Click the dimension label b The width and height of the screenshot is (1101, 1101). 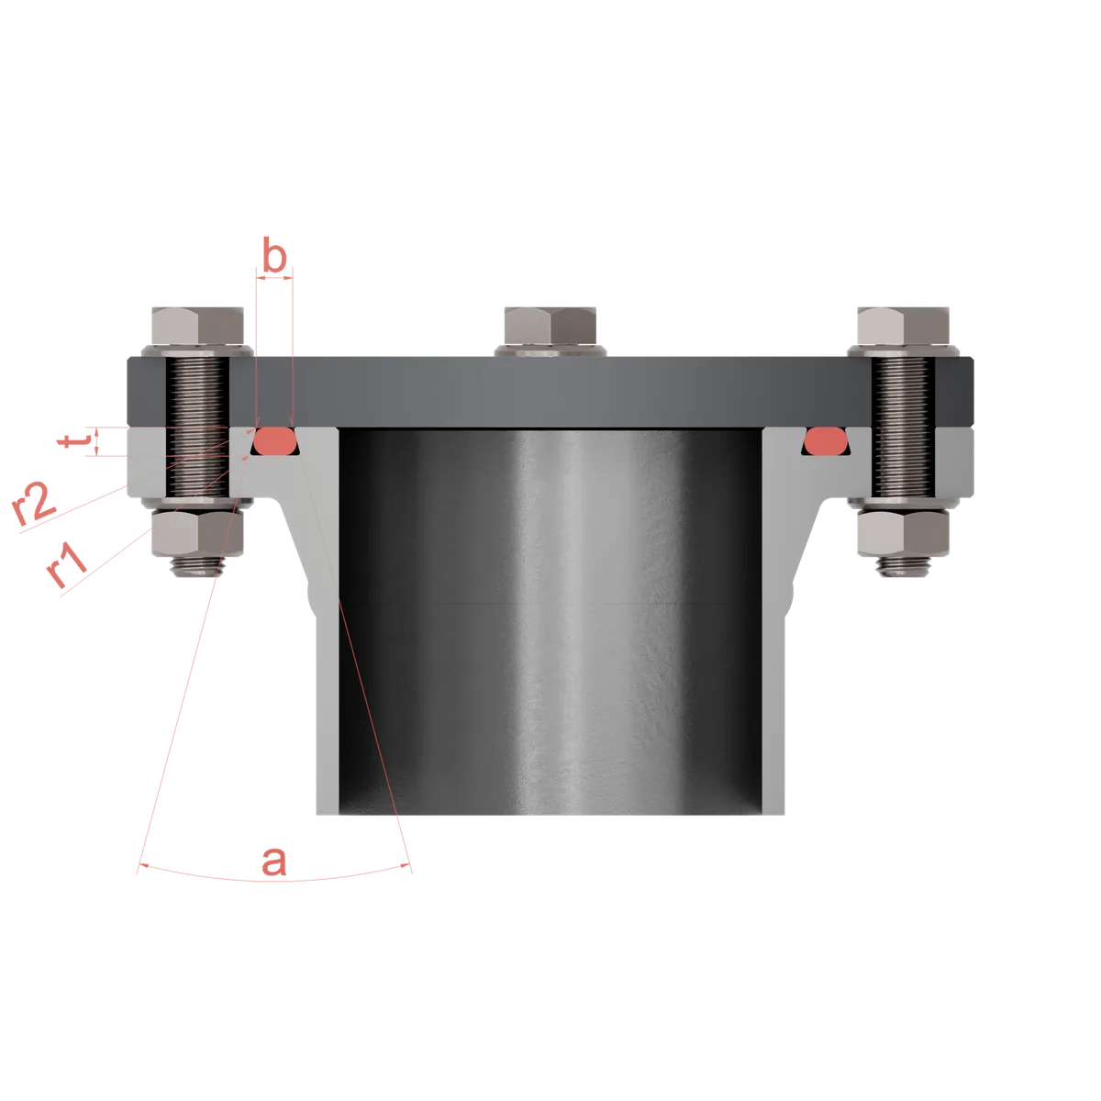[x=274, y=254]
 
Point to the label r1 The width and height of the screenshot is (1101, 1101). [x=66, y=565]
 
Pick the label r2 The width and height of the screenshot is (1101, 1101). [x=34, y=504]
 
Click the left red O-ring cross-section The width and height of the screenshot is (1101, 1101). [x=275, y=440]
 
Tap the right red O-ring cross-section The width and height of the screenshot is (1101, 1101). [x=826, y=440]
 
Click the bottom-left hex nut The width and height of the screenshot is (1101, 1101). [x=197, y=533]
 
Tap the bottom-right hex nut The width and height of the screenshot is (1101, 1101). [x=904, y=533]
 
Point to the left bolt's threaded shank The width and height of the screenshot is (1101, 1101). [x=197, y=427]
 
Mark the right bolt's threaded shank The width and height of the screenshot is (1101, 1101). [x=904, y=427]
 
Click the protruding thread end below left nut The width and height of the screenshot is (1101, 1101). [x=197, y=566]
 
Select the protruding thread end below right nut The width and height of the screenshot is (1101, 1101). [x=904, y=566]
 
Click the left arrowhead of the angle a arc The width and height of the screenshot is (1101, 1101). [x=144, y=866]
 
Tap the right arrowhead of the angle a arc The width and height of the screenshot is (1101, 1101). [x=406, y=866]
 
